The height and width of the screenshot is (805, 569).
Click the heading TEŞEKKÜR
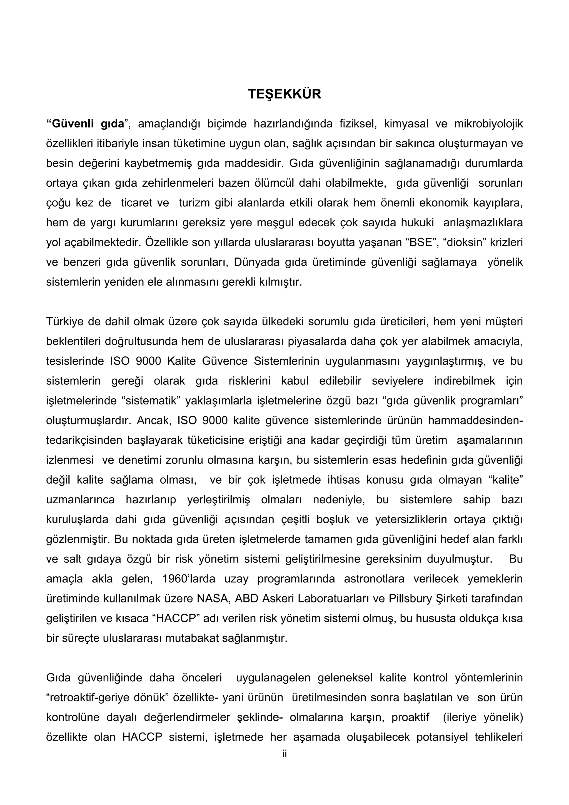click(x=284, y=94)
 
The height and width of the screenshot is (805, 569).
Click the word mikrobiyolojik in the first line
click(x=488, y=124)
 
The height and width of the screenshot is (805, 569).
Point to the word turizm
click(x=194, y=203)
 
